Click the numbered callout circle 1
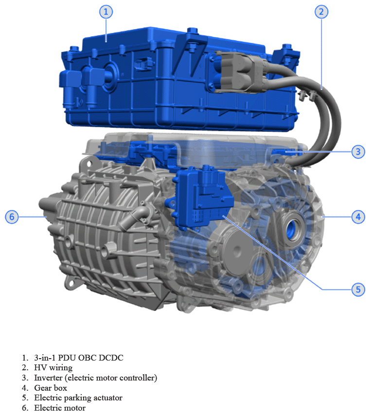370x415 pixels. coord(106,12)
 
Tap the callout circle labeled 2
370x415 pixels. coord(320,12)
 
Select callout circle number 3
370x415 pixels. coord(358,152)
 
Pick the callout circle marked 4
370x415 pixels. coord(358,217)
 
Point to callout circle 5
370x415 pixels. coord(358,290)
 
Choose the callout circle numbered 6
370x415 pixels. coord(12,217)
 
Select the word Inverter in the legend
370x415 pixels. coord(48,378)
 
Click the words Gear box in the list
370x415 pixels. coord(51,388)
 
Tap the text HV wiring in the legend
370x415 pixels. coord(53,367)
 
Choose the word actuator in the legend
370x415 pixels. coord(106,398)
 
